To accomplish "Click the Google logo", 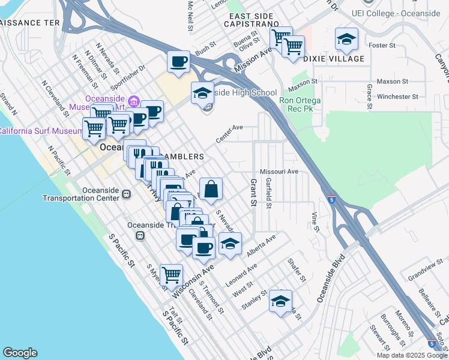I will (x=20, y=353).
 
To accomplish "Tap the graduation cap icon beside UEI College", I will (x=346, y=39).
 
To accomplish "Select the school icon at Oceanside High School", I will (x=203, y=93).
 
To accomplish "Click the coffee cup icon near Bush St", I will (x=178, y=62).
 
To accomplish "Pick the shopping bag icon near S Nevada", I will (x=211, y=189).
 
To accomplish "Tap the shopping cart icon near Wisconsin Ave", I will (x=172, y=275).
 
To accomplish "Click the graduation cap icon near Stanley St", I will (x=280, y=301).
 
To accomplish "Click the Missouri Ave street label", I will (x=279, y=171).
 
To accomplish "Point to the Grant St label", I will (x=253, y=193).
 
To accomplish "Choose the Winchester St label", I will (x=397, y=97).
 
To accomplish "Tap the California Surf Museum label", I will (x=40, y=131).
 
